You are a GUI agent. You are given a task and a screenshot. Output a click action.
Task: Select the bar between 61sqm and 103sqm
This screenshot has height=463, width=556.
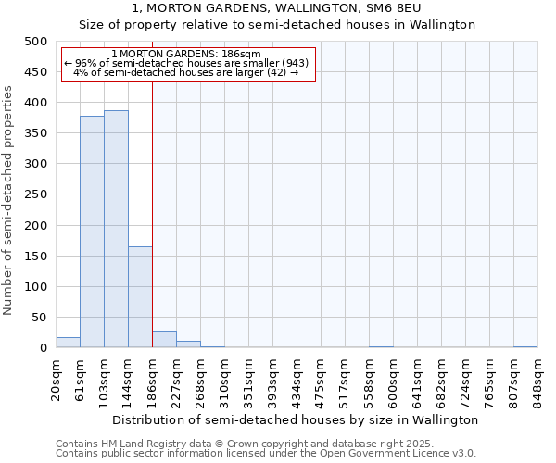(92, 231)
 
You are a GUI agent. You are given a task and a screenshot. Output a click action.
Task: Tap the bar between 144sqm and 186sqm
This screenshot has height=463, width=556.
(140, 296)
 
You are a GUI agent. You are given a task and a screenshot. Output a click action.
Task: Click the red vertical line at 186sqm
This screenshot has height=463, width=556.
(152, 213)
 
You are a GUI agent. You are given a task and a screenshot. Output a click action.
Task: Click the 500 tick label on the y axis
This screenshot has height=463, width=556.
(35, 42)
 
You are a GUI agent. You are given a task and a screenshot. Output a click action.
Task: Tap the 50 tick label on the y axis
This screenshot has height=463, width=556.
(39, 318)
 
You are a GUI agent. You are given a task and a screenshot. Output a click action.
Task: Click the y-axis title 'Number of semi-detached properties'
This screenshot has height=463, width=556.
(9, 200)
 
